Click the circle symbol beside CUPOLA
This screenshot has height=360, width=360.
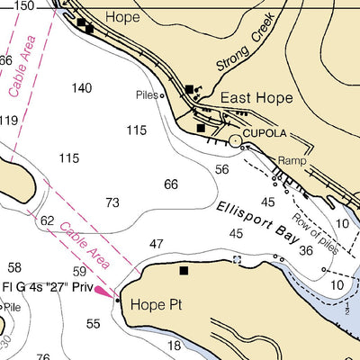236,140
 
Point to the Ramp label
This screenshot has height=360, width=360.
292,161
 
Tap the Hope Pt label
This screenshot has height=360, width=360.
157,305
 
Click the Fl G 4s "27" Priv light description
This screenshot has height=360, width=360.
46,288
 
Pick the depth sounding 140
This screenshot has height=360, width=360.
82,88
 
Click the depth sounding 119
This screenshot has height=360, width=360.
8,121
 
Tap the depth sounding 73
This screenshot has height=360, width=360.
112,203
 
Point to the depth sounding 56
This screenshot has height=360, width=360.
221,169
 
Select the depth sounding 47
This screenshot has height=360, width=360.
157,244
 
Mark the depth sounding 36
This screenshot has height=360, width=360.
306,251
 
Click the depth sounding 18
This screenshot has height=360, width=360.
175,346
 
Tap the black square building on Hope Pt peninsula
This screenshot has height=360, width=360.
184,270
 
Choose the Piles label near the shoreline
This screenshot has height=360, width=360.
146,94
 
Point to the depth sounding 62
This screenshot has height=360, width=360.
48,220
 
